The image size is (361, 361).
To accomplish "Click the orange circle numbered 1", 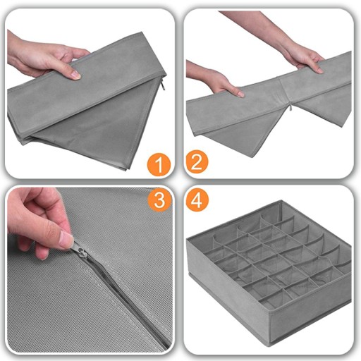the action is click(x=159, y=164).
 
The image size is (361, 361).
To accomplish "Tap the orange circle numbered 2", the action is click(x=197, y=161).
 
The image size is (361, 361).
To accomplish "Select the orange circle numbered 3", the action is click(x=159, y=200).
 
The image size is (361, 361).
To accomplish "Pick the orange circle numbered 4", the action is click(x=197, y=200).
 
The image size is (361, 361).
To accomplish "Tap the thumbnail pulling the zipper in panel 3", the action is click(x=66, y=239).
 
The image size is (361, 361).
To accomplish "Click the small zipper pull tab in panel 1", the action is click(x=163, y=86).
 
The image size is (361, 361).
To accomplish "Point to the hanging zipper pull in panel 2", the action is click(x=290, y=107).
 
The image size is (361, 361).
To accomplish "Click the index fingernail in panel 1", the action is click(x=76, y=75).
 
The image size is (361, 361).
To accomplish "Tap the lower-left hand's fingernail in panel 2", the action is click(x=240, y=94).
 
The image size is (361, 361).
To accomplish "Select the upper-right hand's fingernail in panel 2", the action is click(x=319, y=70).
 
